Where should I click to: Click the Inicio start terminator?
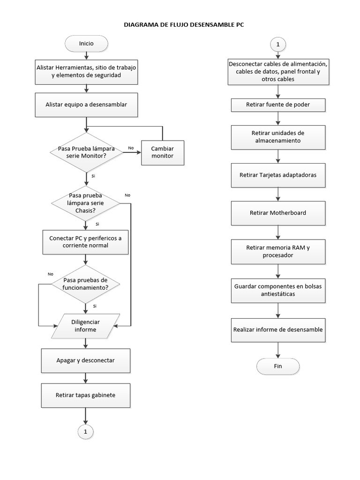point(86,44)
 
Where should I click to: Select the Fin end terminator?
point(278,366)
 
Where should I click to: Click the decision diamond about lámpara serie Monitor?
point(86,152)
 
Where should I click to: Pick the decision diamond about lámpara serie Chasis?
point(85,203)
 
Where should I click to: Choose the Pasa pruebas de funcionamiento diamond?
point(85,284)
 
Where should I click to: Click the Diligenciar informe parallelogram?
point(85,325)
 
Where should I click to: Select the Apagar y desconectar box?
point(85,360)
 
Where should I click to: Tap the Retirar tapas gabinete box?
point(85,395)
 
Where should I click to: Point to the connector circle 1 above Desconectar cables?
point(278,45)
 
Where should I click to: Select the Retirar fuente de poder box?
point(278,105)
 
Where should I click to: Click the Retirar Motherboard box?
point(278,213)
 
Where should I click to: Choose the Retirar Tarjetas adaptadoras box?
point(278,175)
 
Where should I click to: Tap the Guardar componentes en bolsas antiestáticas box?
point(278,290)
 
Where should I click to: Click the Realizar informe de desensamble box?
point(278,330)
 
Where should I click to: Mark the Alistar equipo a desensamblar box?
point(86,105)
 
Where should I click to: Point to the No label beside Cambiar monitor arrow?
point(131,148)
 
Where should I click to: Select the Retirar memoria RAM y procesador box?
point(278,251)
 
